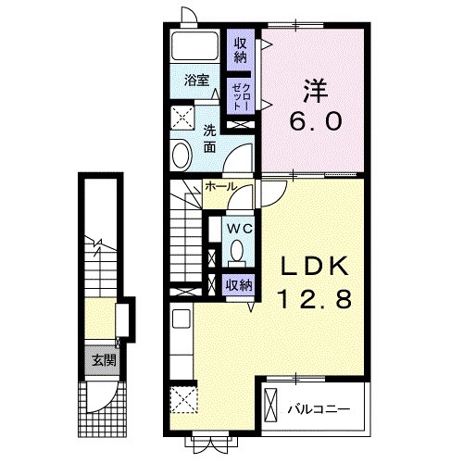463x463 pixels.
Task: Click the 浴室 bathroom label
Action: [197, 81]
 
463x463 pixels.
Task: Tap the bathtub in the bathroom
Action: [194, 45]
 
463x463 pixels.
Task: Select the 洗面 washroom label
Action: [209, 139]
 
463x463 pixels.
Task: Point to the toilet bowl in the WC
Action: [237, 251]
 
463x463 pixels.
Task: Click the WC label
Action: [240, 229]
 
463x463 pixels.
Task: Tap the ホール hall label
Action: [220, 186]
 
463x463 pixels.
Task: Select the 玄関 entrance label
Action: [104, 360]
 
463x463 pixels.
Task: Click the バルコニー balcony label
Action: [319, 409]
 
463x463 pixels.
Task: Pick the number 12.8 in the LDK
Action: [315, 299]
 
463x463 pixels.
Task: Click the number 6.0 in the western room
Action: [316, 120]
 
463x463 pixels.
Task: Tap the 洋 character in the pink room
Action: [315, 91]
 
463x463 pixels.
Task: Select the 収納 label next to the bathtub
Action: [241, 50]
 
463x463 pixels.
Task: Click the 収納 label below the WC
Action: [239, 285]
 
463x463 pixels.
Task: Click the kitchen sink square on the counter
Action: [181, 319]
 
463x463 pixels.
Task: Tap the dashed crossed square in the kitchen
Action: [183, 399]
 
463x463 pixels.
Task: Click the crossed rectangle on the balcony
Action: [271, 405]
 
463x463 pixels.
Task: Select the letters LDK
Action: [315, 266]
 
